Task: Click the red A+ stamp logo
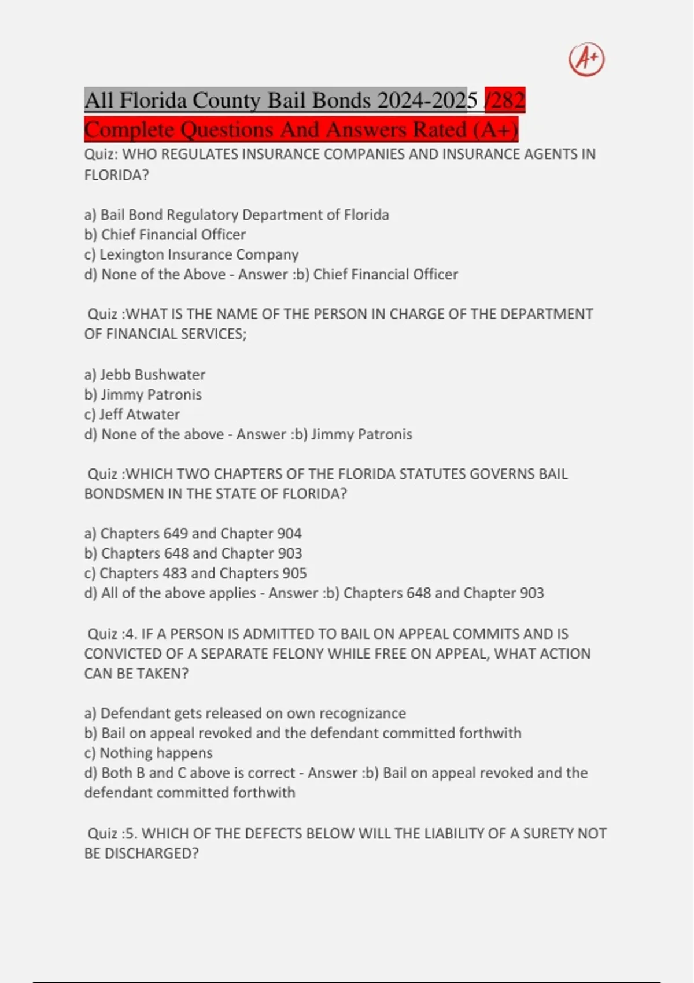(x=586, y=60)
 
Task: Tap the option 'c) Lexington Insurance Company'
(x=191, y=254)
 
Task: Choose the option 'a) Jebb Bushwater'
(x=145, y=375)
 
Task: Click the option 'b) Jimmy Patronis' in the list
(x=143, y=394)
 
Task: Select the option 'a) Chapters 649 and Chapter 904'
(x=193, y=533)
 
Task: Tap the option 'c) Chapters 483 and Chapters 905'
(x=195, y=573)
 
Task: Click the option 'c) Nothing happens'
(x=148, y=753)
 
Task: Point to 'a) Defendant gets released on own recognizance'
(x=245, y=713)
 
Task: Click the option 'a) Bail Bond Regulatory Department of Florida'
(x=237, y=215)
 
